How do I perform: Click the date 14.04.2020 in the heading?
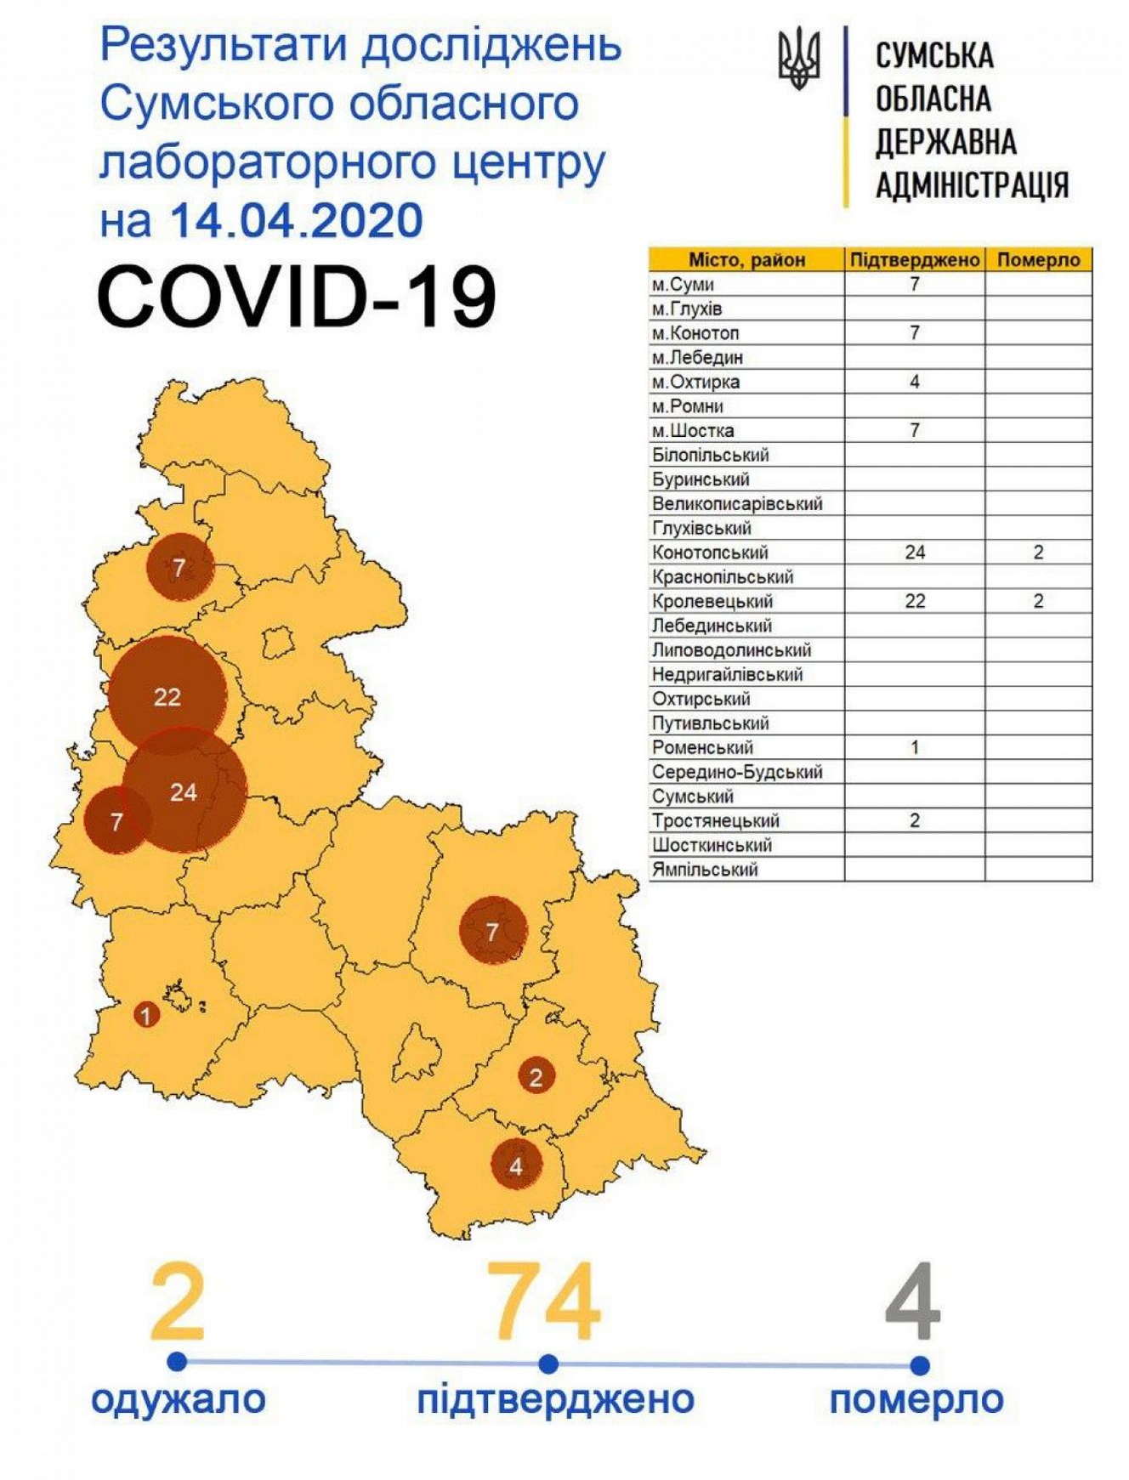coord(296,220)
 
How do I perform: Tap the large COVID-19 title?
coord(297,296)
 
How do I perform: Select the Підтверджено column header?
coord(914,259)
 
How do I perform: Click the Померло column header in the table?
coord(1038,259)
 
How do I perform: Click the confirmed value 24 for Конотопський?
coord(915,553)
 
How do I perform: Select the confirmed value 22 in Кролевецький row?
coord(915,601)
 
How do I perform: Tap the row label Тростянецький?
coord(715,821)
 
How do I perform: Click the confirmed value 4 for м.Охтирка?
coord(915,382)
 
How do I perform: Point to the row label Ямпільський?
coord(705,870)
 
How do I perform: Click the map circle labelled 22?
coord(167,697)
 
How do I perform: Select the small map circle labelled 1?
coord(146,1015)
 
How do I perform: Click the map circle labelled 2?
coord(536,1078)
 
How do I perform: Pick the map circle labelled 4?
coord(516,1166)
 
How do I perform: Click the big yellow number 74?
coord(543,1302)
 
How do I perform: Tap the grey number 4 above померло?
coord(912,1302)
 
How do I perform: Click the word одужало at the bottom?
coord(179,1398)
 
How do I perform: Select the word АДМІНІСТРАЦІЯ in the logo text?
coord(972,184)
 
